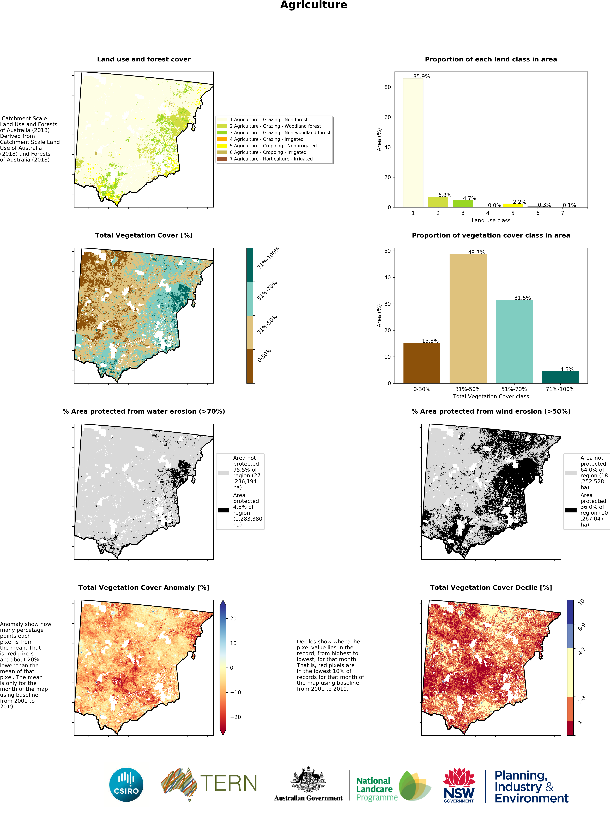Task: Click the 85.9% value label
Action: coord(421,76)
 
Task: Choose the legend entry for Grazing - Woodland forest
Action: coord(275,126)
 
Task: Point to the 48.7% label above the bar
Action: coord(476,252)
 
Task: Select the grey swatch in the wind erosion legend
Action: coord(571,473)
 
